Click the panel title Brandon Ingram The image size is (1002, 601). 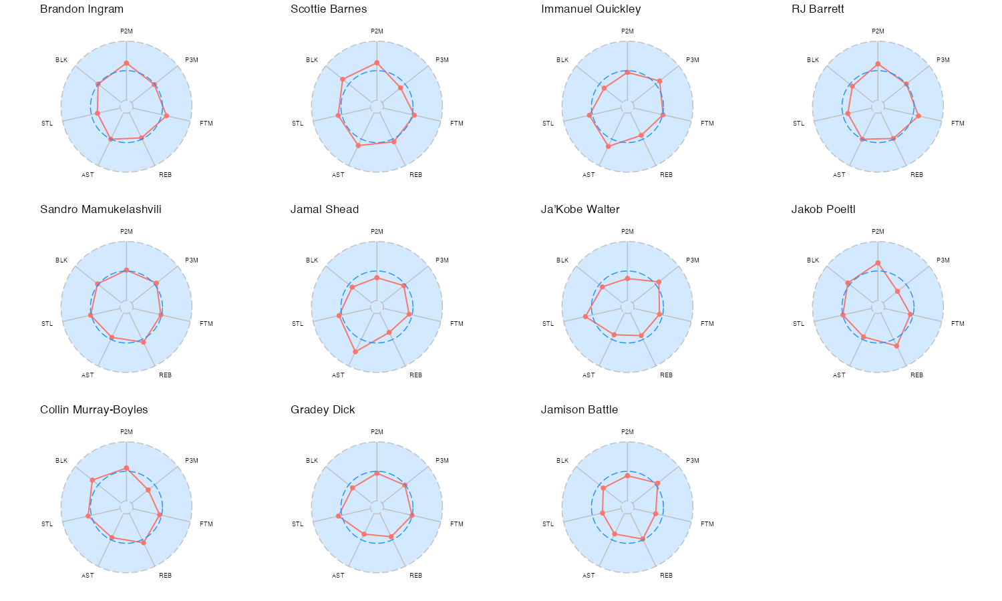pos(81,9)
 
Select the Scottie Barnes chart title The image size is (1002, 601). pos(329,9)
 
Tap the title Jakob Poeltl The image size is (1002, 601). pos(823,210)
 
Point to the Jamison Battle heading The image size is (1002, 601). pos(579,410)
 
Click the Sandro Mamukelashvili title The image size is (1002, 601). pos(100,210)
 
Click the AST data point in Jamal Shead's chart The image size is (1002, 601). pos(355,351)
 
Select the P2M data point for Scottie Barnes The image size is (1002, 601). pos(377,63)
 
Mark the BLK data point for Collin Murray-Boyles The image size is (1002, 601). pos(93,480)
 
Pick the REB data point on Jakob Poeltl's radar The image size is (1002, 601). pos(896,346)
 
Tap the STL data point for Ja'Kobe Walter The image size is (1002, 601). pos(586,317)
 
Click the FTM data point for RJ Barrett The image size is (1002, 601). pos(918,116)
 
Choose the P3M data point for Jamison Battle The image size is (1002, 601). pos(658,483)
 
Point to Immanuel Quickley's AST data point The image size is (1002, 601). pos(608,146)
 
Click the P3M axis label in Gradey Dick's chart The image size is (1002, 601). pos(442,461)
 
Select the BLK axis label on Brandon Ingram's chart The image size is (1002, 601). pos(61,60)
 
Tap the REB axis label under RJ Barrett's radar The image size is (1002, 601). pos(916,175)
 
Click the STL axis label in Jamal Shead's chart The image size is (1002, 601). pos(297,324)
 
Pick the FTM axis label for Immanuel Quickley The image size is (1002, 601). pos(707,124)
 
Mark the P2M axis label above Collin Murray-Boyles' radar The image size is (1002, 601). pos(126,432)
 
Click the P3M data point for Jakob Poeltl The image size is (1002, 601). pos(897,292)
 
